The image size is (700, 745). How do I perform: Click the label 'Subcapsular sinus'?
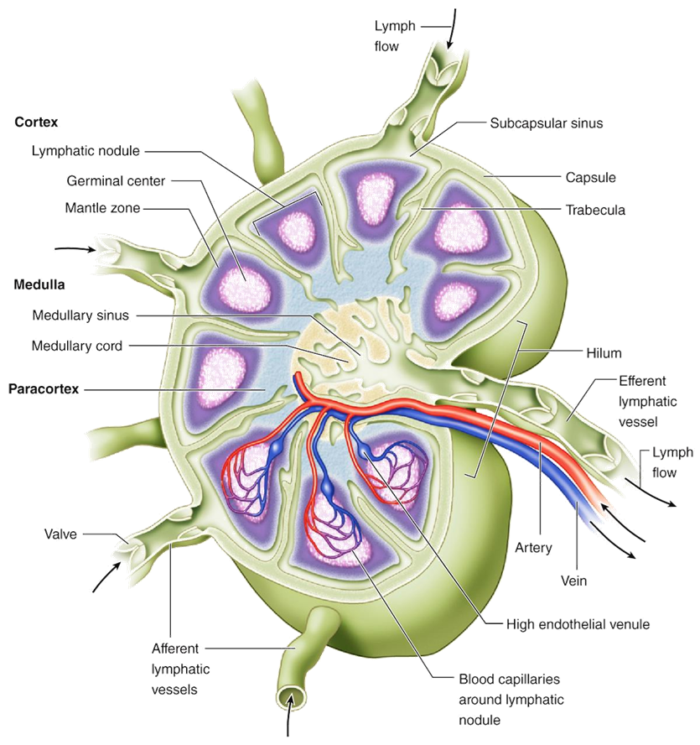tap(547, 122)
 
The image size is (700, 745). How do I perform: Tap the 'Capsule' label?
tap(591, 178)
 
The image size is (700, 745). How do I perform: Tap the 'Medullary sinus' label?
tap(80, 316)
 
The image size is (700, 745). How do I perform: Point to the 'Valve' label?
tap(63, 534)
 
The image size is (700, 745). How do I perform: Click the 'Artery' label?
tap(535, 548)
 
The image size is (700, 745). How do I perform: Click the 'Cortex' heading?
tap(36, 122)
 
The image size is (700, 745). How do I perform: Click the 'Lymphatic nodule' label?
tap(86, 152)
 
